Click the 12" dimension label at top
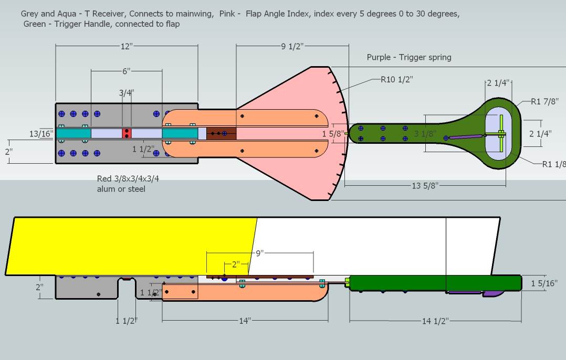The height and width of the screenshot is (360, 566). point(127,47)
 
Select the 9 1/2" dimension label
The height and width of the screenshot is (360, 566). point(292,47)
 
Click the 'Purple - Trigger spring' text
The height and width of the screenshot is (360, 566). point(408,57)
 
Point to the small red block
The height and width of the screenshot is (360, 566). point(127,133)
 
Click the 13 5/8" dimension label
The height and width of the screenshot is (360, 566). point(424,185)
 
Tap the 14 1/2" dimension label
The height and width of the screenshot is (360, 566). point(435,321)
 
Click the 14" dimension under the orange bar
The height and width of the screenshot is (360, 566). point(245,321)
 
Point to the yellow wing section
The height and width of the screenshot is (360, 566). point(131,245)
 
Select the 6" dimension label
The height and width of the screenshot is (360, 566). point(126,71)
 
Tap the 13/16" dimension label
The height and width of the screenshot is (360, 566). point(41,134)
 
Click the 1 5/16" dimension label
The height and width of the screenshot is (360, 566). point(542,283)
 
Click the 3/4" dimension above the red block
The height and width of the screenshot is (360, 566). point(126,93)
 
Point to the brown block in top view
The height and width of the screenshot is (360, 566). point(221,133)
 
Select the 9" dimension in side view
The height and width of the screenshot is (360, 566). point(259,253)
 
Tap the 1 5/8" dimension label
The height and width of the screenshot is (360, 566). point(334,134)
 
